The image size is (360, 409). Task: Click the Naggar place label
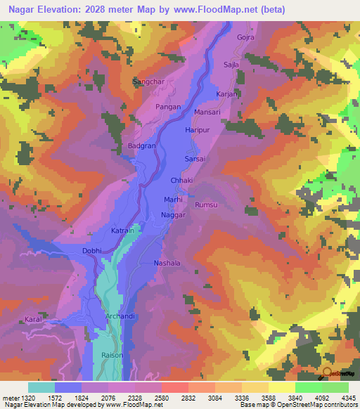click(x=174, y=216)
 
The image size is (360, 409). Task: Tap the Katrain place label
click(x=122, y=231)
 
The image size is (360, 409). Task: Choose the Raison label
click(x=112, y=355)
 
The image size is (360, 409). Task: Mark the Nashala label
click(x=167, y=263)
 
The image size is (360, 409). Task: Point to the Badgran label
click(x=141, y=145)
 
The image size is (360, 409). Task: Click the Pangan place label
click(x=169, y=105)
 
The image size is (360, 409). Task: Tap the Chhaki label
click(x=181, y=181)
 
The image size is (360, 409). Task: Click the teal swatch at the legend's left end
click(x=41, y=387)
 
